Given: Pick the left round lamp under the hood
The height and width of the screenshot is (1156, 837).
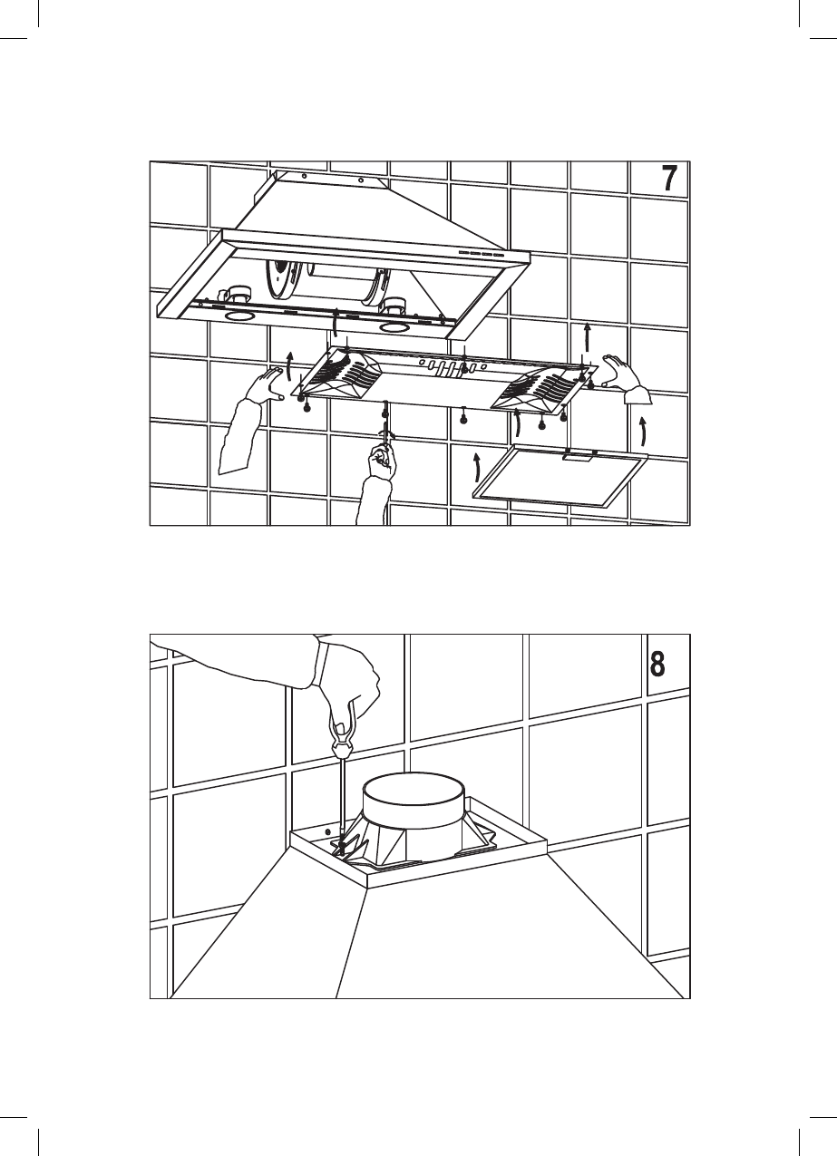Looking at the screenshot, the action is [x=239, y=318].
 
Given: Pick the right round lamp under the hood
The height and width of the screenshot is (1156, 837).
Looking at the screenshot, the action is [x=396, y=325].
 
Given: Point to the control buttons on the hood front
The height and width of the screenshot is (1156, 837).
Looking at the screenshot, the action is [x=481, y=253].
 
